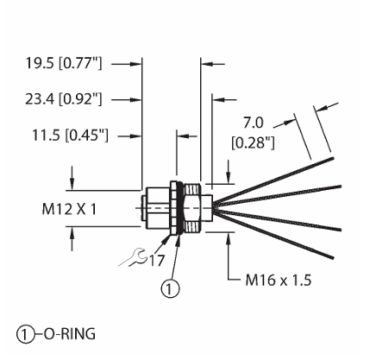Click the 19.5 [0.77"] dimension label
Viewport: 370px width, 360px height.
[x=64, y=63]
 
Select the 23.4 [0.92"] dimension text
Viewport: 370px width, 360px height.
[x=64, y=99]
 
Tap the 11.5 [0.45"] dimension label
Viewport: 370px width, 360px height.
[x=71, y=136]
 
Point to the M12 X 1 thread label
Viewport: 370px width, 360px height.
[x=69, y=209]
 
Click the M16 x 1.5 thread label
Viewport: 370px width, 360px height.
[x=279, y=280]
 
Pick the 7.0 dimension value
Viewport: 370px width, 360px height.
[x=254, y=123]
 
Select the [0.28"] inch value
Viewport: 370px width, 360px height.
[x=253, y=142]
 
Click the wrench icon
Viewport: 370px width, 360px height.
[x=133, y=257]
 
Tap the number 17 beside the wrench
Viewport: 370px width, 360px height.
[x=157, y=261]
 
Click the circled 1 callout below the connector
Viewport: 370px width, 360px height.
[x=170, y=288]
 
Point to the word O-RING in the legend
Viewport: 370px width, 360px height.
[x=69, y=334]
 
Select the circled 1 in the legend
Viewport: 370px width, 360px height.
[x=26, y=334]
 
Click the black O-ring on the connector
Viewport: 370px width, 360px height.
[x=180, y=207]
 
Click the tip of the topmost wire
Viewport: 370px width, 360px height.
[x=333, y=158]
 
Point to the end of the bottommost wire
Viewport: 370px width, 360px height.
[x=333, y=257]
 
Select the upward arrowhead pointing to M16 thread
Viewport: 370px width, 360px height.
[x=229, y=238]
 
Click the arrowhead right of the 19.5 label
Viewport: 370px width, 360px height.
[x=135, y=64]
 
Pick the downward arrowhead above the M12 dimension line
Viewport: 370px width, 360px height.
[x=72, y=183]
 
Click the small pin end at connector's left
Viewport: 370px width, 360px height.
[x=144, y=208]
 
